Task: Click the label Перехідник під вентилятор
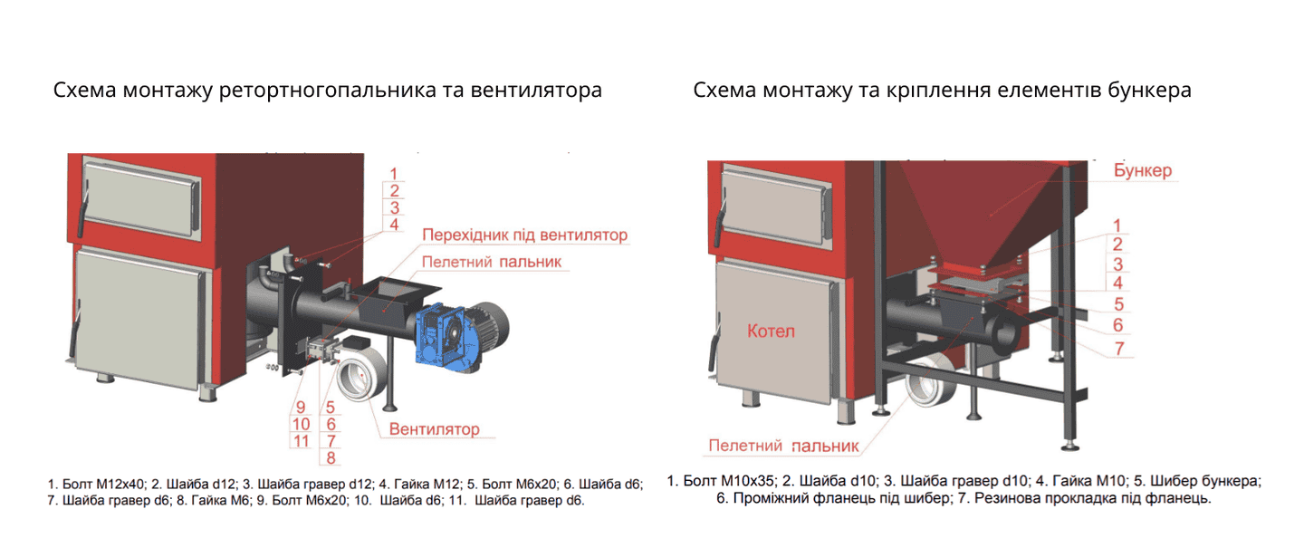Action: point(524,235)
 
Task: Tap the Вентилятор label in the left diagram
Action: point(435,429)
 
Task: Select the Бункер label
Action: point(1143,170)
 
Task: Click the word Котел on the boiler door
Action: point(771,331)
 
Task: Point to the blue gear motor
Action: point(446,338)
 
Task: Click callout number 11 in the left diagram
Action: point(301,441)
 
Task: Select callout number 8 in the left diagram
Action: point(331,457)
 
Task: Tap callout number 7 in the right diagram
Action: point(1119,349)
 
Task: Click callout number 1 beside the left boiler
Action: point(394,174)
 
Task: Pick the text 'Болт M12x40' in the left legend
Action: point(103,484)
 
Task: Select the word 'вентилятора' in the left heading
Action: point(536,91)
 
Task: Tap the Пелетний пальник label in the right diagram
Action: point(783,446)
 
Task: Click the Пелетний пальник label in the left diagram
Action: point(492,262)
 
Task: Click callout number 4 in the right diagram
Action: point(1117,283)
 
